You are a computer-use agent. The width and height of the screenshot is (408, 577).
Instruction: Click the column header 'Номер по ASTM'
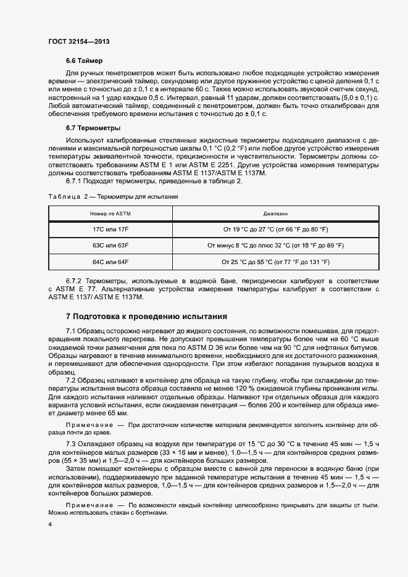(110, 214)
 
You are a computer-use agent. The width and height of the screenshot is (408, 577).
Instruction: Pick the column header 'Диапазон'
(275, 214)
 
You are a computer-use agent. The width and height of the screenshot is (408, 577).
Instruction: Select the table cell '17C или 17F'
(110, 230)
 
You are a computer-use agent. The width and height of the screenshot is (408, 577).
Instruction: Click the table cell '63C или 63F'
(110, 246)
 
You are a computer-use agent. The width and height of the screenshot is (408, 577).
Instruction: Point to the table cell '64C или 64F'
(110, 262)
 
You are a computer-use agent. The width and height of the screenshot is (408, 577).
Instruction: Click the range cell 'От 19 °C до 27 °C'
(275, 230)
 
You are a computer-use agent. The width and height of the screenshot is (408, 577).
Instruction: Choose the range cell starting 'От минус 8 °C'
(275, 246)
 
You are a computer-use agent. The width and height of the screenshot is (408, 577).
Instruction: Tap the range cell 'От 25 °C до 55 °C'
(275, 262)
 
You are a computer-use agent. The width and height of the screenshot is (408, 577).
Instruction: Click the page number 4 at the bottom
(49, 525)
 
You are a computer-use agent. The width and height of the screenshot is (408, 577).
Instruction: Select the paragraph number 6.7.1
(75, 181)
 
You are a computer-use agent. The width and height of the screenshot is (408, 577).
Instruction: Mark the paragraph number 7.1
(70, 331)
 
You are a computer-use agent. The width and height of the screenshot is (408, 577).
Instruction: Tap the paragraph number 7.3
(70, 444)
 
